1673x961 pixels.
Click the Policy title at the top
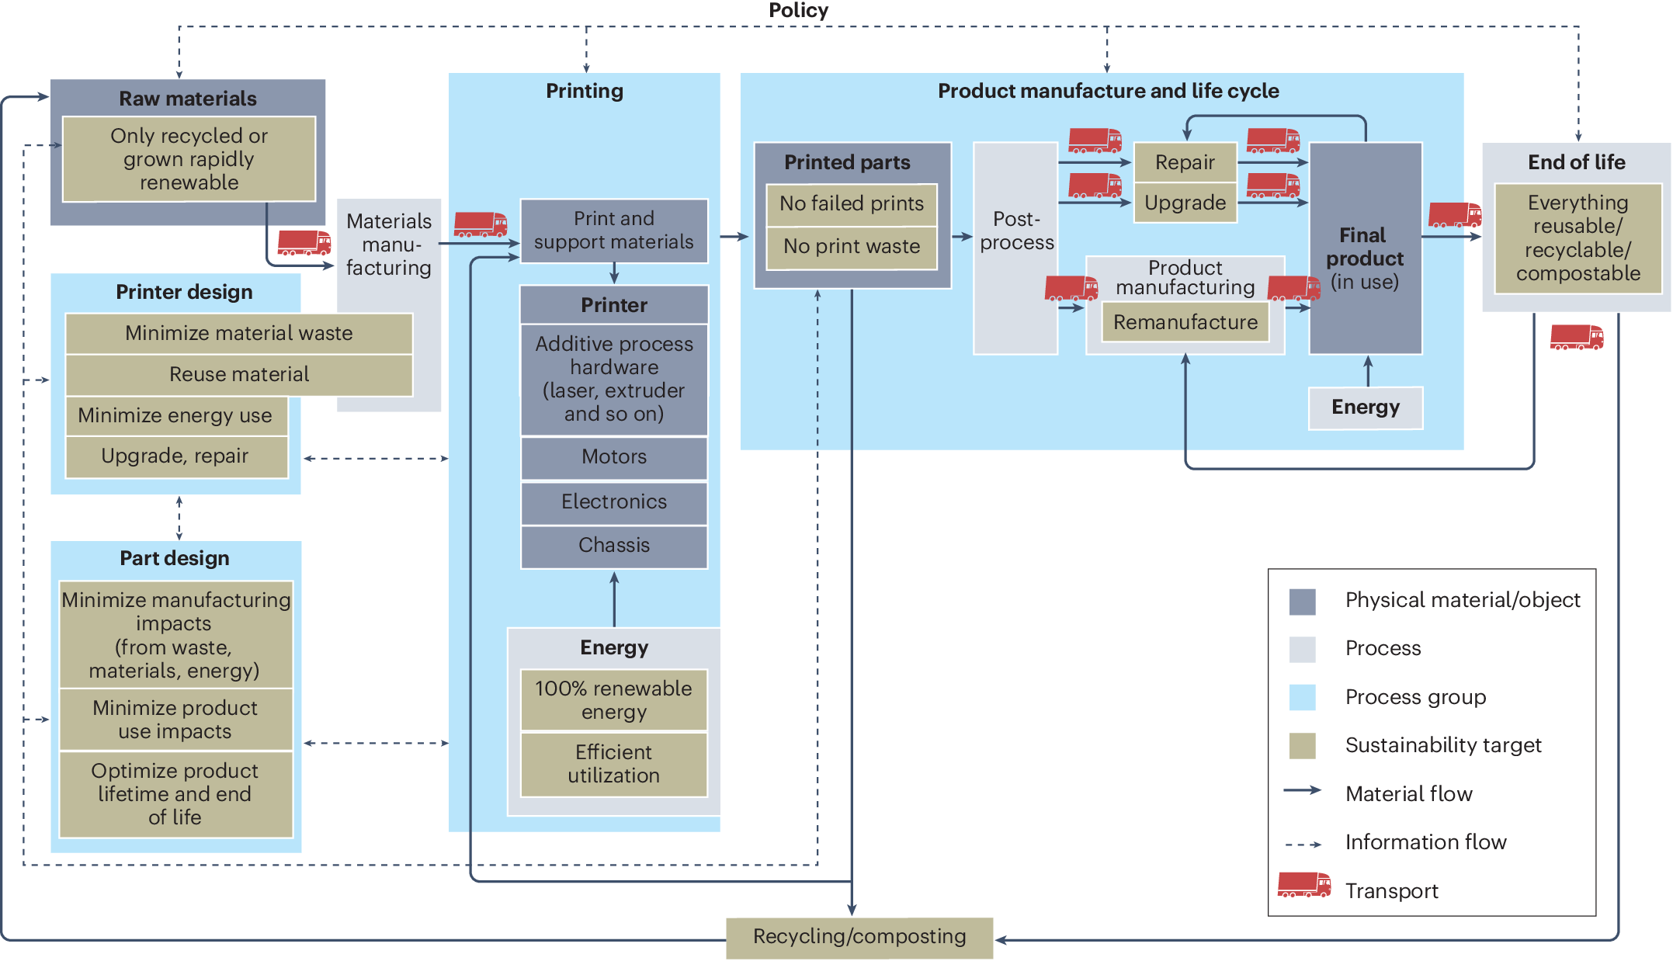(798, 11)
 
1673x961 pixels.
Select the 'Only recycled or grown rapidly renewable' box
(189, 159)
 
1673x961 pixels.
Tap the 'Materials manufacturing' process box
(389, 245)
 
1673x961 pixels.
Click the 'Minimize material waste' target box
(238, 334)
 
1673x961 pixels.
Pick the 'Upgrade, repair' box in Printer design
(175, 456)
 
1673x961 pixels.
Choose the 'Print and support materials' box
(613, 231)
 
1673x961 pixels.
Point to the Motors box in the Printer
(613, 457)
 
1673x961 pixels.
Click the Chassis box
(613, 546)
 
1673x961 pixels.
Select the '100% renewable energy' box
(613, 700)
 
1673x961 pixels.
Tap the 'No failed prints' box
(852, 204)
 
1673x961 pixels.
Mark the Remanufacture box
(1185, 322)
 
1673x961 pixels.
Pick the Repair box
(1185, 162)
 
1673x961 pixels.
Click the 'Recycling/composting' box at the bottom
(859, 937)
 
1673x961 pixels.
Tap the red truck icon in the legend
(1304, 886)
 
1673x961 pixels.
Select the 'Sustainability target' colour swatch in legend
(1302, 746)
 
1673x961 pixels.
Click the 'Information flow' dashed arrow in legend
(1303, 844)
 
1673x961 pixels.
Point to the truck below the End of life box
(1576, 338)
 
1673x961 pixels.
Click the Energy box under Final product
(1366, 408)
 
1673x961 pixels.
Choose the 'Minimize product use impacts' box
(175, 720)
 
